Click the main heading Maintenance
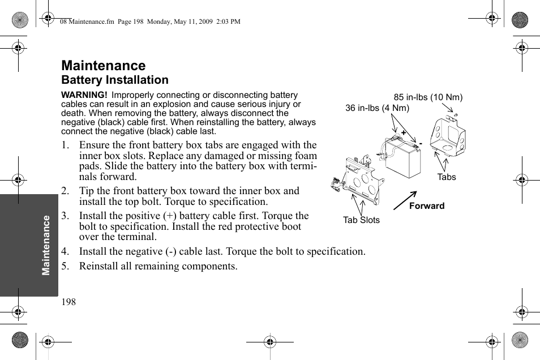(103, 66)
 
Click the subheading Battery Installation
(114, 80)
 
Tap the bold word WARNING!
(84, 95)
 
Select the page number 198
(68, 302)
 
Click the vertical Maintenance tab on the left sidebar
(46, 245)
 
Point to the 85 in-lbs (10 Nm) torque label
(428, 97)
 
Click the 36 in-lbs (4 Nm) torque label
(377, 108)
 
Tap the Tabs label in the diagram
(446, 177)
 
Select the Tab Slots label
(361, 220)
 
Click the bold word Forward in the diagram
(427, 206)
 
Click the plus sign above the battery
(404, 132)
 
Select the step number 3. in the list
(65, 216)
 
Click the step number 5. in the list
(65, 266)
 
